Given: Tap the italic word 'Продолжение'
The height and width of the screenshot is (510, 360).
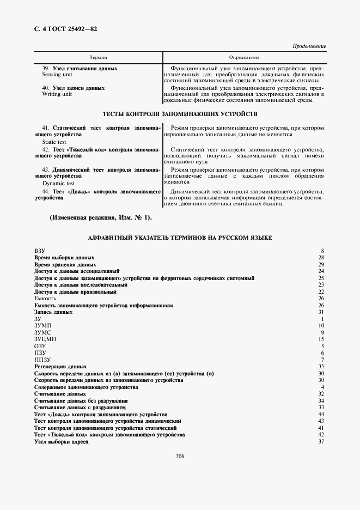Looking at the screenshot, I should tap(309, 46).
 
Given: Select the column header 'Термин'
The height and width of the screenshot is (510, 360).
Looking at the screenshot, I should tap(98, 57).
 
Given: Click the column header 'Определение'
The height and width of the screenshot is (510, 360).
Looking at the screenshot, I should tap(244, 57).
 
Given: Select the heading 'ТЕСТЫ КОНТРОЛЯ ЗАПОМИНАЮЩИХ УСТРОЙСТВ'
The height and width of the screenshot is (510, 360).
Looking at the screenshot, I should tap(180, 114).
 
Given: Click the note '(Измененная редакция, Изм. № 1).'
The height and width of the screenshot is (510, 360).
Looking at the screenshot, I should tap(101, 218).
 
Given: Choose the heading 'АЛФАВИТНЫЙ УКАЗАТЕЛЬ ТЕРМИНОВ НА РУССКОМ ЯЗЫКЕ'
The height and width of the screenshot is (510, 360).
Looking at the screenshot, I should tap(180, 238).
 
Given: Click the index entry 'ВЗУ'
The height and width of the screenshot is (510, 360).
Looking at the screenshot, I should tap(40, 250).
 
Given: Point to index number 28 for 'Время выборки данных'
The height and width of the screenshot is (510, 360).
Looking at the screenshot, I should tap(321, 257).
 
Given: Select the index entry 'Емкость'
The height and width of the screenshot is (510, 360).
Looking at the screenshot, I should tap(45, 298).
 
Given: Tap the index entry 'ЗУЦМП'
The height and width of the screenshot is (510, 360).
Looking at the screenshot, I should tap(45, 339).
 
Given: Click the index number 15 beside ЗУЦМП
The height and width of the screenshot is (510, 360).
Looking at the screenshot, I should tap(321, 339).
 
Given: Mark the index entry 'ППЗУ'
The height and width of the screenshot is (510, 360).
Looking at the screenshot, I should tap(42, 360).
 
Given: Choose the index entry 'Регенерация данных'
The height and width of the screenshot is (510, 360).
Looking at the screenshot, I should tap(60, 367).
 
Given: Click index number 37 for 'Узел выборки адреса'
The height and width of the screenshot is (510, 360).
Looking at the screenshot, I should tap(321, 442).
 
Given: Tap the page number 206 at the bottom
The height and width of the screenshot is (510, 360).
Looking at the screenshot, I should tap(180, 457).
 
